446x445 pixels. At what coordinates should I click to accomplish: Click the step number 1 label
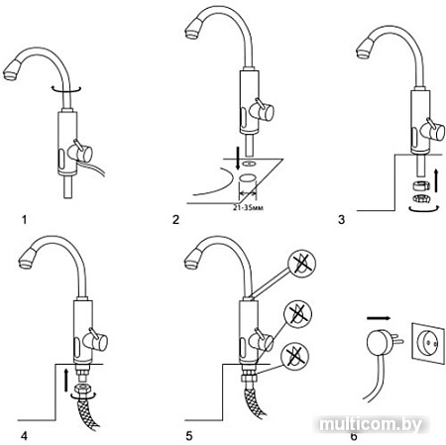pyautogui.click(x=24, y=219)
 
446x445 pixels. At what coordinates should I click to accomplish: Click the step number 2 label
pyautogui.click(x=175, y=219)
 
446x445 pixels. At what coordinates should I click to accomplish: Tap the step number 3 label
pyautogui.click(x=341, y=219)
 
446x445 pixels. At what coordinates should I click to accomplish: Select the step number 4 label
pyautogui.click(x=24, y=436)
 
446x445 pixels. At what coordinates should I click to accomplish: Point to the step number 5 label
pyautogui.click(x=188, y=436)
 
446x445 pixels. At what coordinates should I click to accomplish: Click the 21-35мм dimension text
pyautogui.click(x=248, y=208)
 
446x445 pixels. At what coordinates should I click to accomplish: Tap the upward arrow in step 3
pyautogui.click(x=436, y=180)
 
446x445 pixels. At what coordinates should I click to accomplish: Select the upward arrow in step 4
pyautogui.click(x=66, y=381)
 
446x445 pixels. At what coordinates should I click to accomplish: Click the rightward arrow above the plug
pyautogui.click(x=379, y=318)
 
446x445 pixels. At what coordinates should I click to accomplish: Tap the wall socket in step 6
pyautogui.click(x=427, y=344)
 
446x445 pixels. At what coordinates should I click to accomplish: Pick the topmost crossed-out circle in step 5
pyautogui.click(x=301, y=264)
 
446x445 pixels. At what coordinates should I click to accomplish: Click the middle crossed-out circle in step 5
pyautogui.click(x=298, y=314)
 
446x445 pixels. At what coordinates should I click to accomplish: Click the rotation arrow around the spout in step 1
pyautogui.click(x=66, y=89)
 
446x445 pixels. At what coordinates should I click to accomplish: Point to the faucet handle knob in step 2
pyautogui.click(x=264, y=111)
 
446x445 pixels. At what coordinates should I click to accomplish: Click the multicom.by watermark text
pyautogui.click(x=371, y=424)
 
